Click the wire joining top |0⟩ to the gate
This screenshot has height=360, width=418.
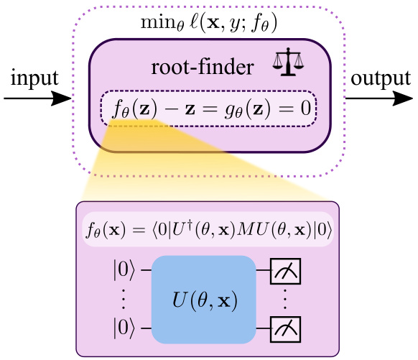pos(146,271)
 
